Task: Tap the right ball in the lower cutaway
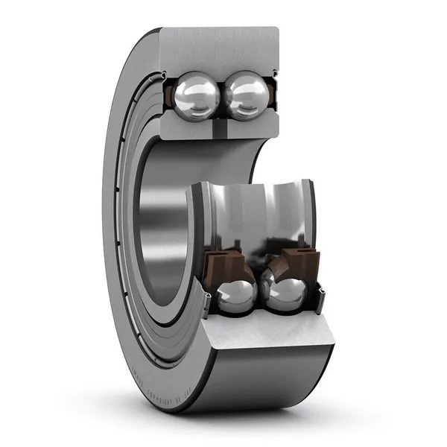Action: pyautogui.click(x=286, y=294)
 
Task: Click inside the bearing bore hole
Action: pyautogui.click(x=160, y=223)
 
